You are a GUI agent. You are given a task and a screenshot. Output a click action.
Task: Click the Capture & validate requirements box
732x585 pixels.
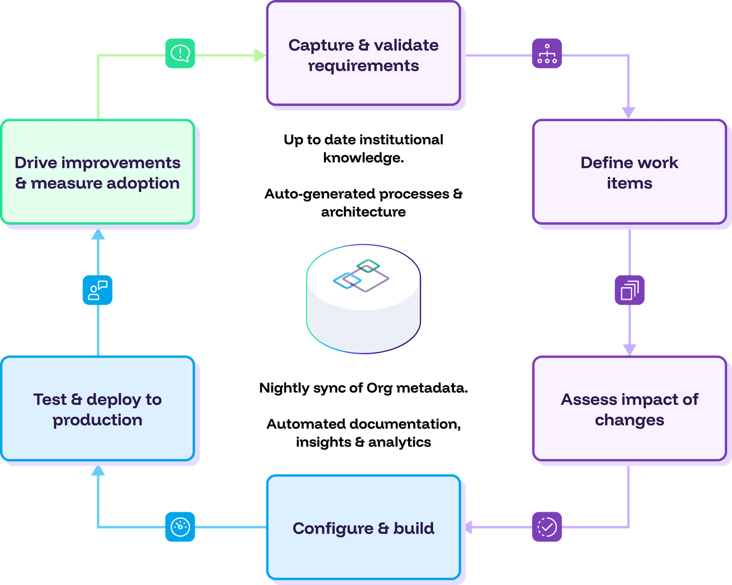coord(363,54)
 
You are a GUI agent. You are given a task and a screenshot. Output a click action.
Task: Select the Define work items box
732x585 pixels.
coord(629,172)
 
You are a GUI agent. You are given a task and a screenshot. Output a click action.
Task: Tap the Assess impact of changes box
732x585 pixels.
coord(629,408)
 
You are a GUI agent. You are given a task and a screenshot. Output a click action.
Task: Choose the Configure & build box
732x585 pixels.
coord(363,527)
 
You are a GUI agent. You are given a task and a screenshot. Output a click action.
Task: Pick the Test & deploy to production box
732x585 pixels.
coord(97,408)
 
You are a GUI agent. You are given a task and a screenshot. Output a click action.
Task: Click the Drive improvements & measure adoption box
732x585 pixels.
coord(97,172)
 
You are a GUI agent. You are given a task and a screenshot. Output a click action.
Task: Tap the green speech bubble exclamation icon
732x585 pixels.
coord(180,54)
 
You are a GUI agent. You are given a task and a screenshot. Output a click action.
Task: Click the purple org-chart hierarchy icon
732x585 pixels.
coord(547,54)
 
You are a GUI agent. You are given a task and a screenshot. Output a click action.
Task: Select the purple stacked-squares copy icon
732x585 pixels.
coord(629,290)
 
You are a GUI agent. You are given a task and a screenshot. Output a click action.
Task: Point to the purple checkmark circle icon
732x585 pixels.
coord(547,527)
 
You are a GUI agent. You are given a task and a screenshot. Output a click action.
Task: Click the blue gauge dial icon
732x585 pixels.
coord(180,527)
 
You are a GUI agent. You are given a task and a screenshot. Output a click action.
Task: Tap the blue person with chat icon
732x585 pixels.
coord(97,290)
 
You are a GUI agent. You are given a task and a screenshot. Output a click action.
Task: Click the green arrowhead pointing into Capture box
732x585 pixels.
coord(260,55)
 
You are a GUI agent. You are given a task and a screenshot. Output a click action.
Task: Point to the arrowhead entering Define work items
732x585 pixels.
coord(628,113)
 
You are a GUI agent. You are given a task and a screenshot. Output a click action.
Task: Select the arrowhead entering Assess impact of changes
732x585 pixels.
coord(630,349)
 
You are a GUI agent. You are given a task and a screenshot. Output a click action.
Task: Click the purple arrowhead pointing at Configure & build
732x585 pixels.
coord(469,527)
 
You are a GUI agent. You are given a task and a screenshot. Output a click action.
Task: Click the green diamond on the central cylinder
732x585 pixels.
coord(368,266)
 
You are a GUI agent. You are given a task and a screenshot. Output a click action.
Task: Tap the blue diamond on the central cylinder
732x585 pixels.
coord(347,280)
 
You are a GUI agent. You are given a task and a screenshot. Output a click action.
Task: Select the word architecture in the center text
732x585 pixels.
coord(363,212)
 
